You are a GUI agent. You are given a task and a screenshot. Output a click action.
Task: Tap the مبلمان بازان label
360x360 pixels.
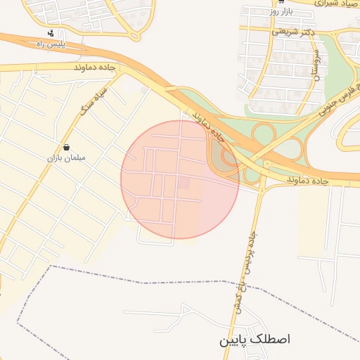(66, 157)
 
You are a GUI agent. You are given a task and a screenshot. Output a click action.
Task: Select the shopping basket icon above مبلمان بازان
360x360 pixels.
(66, 148)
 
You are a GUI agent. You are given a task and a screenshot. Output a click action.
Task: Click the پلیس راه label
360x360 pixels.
(50, 44)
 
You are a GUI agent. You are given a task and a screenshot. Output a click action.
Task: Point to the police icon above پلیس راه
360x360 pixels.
(50, 33)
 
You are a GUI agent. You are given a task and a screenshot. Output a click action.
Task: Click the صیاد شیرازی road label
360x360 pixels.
(326, 4)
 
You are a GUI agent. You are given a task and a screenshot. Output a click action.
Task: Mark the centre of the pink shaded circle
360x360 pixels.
(180, 179)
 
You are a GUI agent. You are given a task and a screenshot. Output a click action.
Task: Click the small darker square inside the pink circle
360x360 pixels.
(184, 183)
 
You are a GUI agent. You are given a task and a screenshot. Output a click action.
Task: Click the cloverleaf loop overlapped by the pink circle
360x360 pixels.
(226, 157)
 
